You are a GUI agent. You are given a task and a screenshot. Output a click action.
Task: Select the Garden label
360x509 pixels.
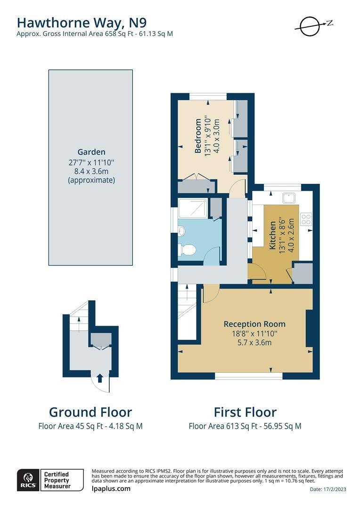click(91, 152)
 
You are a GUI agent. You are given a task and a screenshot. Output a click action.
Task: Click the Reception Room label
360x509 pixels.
click(254, 324)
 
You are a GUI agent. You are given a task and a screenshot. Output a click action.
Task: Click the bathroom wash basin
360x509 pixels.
click(182, 231)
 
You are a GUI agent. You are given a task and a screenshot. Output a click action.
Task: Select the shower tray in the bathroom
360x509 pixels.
click(192, 208)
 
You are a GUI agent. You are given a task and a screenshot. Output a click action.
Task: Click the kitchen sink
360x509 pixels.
click(288, 197)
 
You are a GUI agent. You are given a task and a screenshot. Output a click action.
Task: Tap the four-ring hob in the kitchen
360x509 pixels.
click(306, 219)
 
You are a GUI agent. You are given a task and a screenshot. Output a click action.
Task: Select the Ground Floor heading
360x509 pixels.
click(90, 412)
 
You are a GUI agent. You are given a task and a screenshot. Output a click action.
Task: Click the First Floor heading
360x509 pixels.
click(245, 412)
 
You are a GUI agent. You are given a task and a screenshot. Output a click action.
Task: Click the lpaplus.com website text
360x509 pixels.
click(111, 489)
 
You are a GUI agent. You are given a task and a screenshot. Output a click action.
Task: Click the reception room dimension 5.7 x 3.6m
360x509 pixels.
click(254, 342)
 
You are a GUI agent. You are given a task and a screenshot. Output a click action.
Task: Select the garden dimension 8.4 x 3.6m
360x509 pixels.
click(91, 171)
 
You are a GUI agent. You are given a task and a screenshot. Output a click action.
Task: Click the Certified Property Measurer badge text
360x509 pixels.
click(57, 480)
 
